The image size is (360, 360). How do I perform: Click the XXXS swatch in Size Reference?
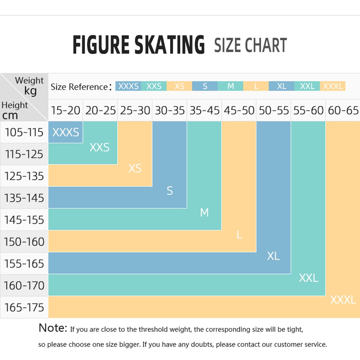[128, 86]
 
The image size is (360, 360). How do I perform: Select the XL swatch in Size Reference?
[281, 86]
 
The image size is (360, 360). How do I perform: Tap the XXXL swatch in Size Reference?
[333, 86]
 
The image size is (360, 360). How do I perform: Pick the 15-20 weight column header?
[65, 110]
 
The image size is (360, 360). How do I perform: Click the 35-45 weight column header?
[204, 110]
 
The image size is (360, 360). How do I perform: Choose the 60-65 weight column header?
[343, 110]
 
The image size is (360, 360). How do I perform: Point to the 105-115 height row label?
[24, 132]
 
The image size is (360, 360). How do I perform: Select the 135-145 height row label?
[24, 198]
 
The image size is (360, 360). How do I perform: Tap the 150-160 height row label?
[24, 242]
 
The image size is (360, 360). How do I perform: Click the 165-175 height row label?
[24, 307]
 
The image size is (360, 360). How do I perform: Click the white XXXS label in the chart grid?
[66, 132]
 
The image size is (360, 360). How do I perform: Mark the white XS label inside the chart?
[135, 168]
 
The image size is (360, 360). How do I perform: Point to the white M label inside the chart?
[204, 213]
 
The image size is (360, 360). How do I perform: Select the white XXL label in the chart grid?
[309, 278]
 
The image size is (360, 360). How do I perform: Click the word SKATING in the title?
[170, 45]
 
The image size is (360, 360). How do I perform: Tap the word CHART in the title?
[266, 45]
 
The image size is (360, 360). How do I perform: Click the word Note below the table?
[53, 328]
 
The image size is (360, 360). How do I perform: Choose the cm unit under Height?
[10, 115]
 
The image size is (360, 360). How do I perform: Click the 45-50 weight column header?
[239, 110]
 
